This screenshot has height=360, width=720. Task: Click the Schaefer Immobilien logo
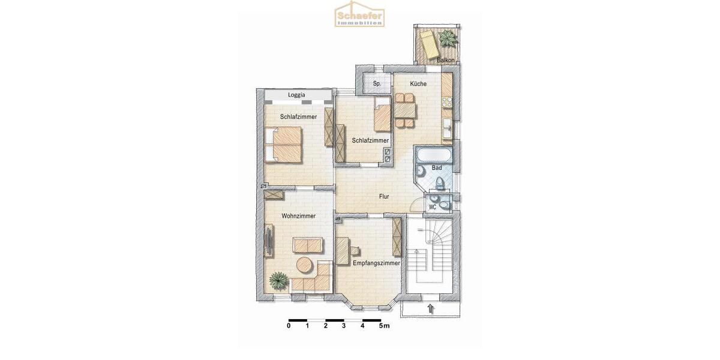pyautogui.click(x=359, y=16)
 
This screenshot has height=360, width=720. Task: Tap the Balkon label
pyautogui.click(x=445, y=60)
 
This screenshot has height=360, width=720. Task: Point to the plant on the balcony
pyautogui.click(x=447, y=38)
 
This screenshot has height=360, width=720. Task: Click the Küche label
pyautogui.click(x=418, y=84)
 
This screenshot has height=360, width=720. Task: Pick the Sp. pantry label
pyautogui.click(x=377, y=84)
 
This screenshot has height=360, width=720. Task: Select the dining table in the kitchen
pyautogui.click(x=404, y=110)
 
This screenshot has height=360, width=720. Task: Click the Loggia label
pyautogui.click(x=296, y=95)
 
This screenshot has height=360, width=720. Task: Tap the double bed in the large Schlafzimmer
pyautogui.click(x=284, y=144)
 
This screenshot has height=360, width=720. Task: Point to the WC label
pyautogui.click(x=432, y=207)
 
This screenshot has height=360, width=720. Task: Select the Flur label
pyautogui.click(x=385, y=196)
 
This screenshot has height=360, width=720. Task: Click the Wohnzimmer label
pyautogui.click(x=298, y=216)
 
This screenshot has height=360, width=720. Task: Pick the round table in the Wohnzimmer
pyautogui.click(x=304, y=265)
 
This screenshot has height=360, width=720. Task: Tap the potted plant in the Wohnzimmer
pyautogui.click(x=278, y=279)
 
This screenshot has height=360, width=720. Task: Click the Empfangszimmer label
pyautogui.click(x=376, y=263)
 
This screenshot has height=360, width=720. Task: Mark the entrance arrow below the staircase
pyautogui.click(x=431, y=310)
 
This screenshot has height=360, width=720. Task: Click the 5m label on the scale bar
pyautogui.click(x=384, y=326)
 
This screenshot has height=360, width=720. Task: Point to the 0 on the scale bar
pyautogui.click(x=289, y=326)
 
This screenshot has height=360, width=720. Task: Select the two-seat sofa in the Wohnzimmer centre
pyautogui.click(x=307, y=244)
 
